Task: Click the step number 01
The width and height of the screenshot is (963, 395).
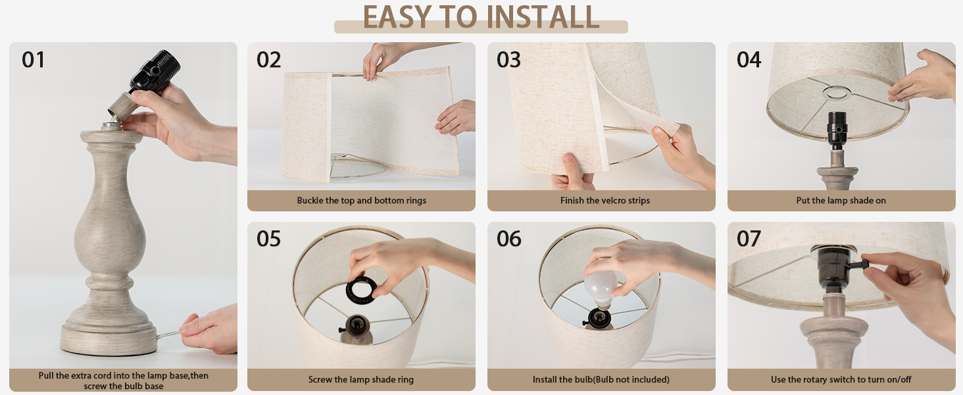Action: pos(33,60)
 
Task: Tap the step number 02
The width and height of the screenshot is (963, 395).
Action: pos(268,60)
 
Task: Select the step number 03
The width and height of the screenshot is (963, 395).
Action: pos(508,60)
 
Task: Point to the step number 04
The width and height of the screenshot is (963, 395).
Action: pos(749,60)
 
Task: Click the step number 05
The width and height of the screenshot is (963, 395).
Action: pos(268,239)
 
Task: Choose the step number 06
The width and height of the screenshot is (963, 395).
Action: pos(508,239)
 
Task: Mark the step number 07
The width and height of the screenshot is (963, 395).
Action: pos(749,239)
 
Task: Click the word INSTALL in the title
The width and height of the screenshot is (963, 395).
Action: pos(543,17)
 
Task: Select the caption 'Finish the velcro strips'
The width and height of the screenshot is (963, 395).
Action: pos(605,201)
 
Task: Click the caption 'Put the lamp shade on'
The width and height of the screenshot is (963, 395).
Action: pos(841,201)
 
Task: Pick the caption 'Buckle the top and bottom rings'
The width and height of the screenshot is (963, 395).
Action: pos(362,201)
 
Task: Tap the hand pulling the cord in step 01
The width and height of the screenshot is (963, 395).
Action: pos(209,329)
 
